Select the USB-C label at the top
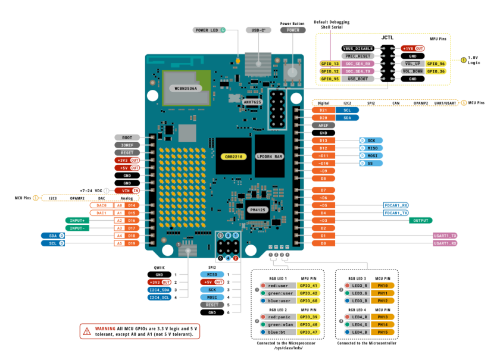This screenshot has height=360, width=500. click(x=258, y=30)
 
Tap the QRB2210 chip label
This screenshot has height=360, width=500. click(x=229, y=156)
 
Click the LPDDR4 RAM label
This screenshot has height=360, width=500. click(x=270, y=156)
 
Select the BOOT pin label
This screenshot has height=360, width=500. click(x=127, y=137)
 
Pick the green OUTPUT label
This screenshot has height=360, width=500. click(x=420, y=220)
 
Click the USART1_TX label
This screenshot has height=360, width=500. click(x=445, y=236)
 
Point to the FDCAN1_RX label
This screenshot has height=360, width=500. click(x=396, y=205)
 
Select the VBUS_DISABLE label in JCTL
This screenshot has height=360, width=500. click(x=358, y=48)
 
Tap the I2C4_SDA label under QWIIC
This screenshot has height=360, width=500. click(x=158, y=289)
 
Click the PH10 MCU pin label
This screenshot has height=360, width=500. click(x=383, y=286)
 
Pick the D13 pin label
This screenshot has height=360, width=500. click(x=323, y=140)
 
